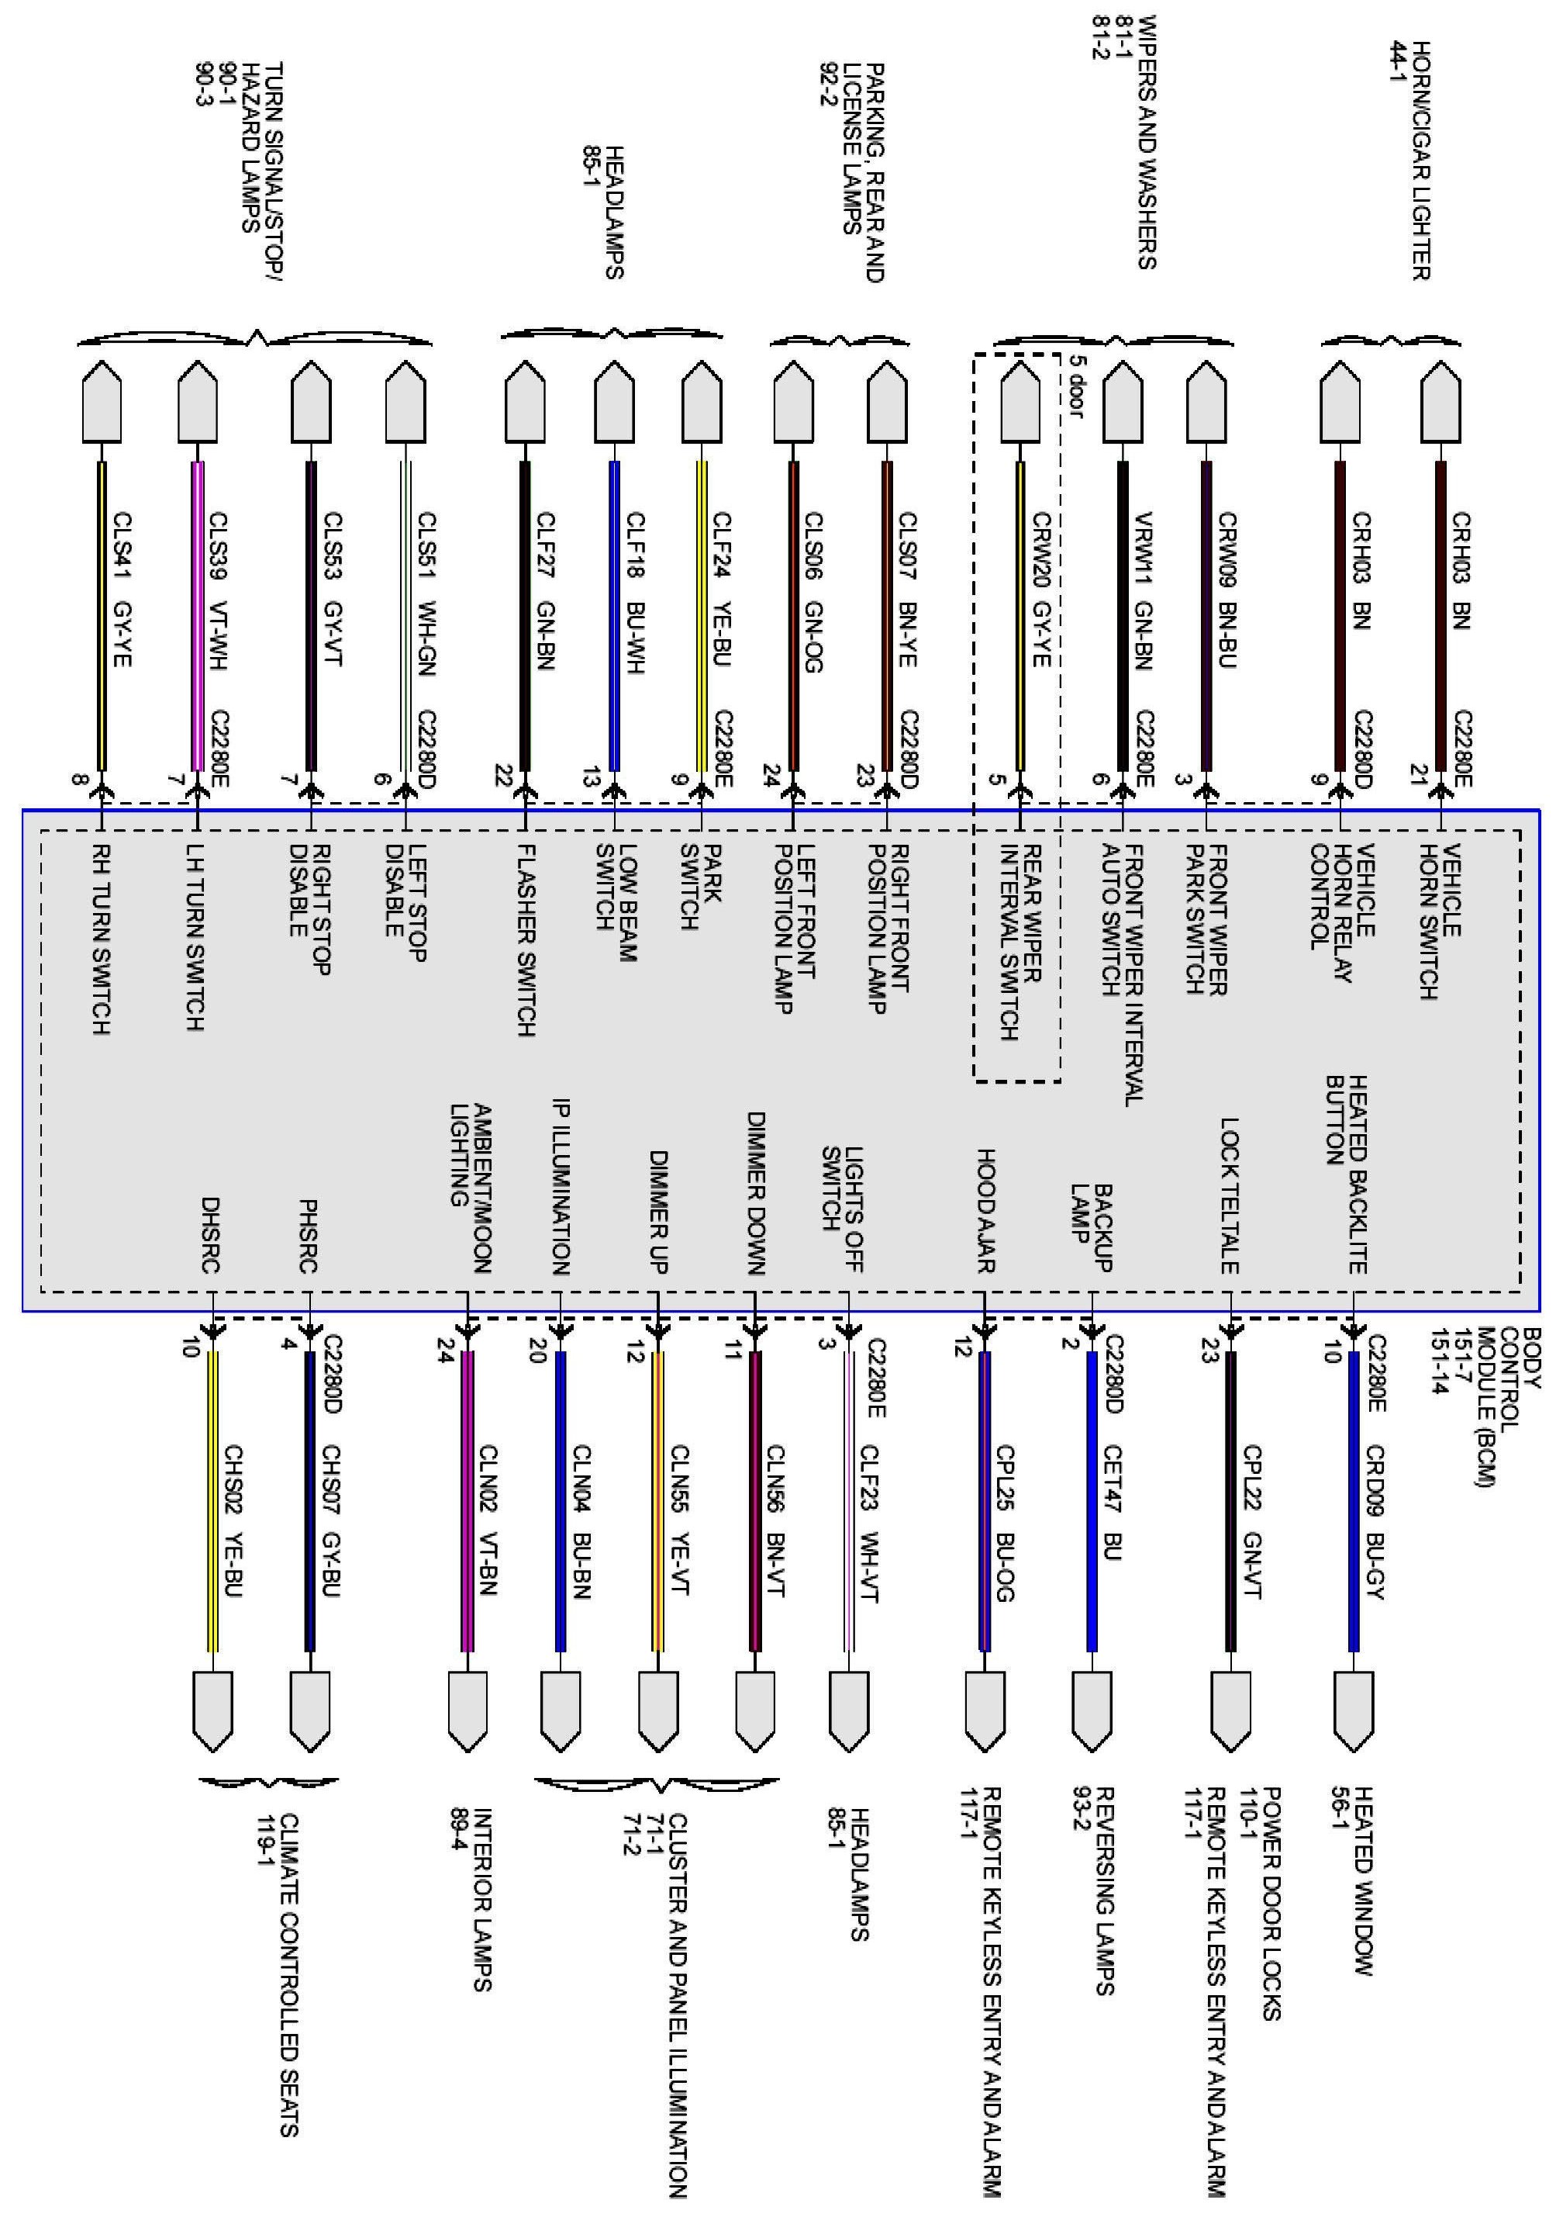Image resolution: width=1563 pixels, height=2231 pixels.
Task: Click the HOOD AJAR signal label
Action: click(985, 1210)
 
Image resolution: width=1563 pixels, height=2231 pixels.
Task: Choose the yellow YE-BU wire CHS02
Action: click(212, 1501)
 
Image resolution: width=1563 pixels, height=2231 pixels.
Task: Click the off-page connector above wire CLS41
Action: click(101, 400)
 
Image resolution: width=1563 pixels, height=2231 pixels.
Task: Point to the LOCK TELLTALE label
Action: click(1230, 1195)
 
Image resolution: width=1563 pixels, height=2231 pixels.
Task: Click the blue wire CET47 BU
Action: click(1092, 1501)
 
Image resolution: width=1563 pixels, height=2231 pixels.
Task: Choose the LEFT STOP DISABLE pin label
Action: click(405, 903)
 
